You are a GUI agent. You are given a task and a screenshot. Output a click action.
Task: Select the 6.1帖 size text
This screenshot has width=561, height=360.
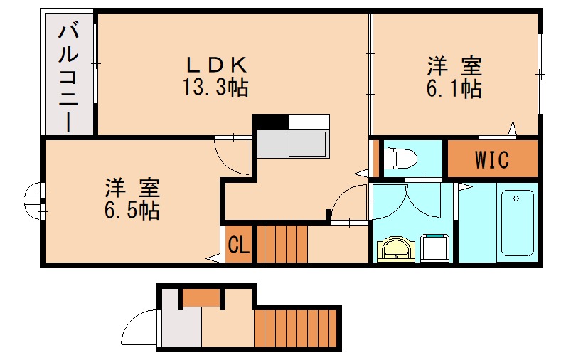click(454, 89)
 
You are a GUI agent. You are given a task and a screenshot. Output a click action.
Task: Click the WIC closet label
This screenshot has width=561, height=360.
click(492, 160)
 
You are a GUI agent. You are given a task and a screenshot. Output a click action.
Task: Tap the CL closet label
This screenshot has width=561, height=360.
click(238, 245)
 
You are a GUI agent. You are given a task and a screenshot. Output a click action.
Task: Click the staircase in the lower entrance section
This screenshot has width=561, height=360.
click(295, 327)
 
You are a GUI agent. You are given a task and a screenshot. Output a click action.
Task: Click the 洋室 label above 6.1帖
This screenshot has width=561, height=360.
click(454, 67)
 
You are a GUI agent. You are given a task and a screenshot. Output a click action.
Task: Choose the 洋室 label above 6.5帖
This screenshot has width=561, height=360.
click(132, 188)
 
